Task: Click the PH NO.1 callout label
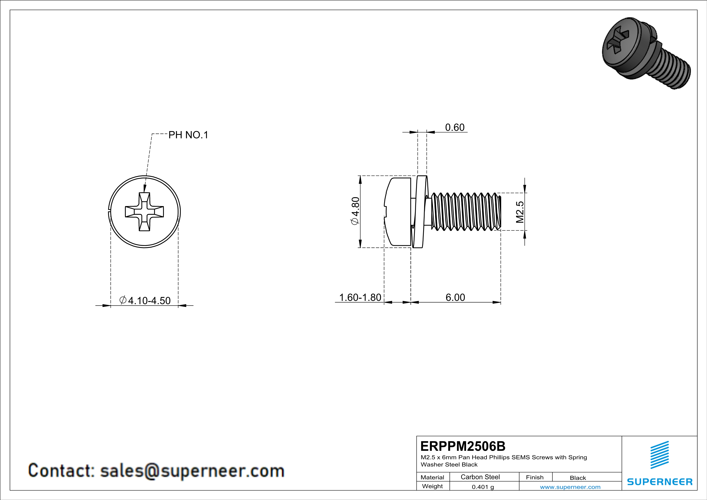[x=188, y=135]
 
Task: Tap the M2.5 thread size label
[x=520, y=212]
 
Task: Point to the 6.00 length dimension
[x=455, y=297]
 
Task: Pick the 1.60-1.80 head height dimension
[x=360, y=297]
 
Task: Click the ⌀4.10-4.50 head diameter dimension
[x=145, y=300]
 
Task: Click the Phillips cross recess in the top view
[x=144, y=212]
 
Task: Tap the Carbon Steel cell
[x=480, y=477]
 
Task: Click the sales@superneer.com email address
[x=192, y=471]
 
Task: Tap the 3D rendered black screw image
[x=643, y=52]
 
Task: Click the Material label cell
[x=432, y=477]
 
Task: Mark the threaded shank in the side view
[x=465, y=212]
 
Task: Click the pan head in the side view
[x=398, y=212]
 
